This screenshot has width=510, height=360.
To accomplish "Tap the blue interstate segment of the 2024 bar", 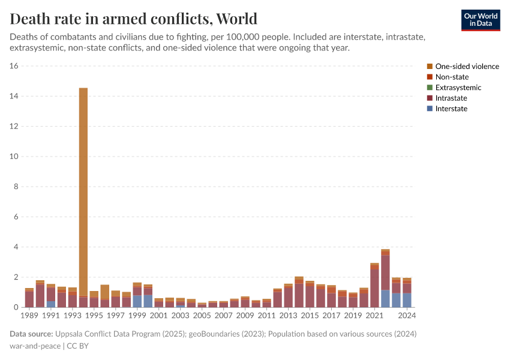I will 407,300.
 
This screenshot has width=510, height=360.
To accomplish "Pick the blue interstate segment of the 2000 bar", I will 148,301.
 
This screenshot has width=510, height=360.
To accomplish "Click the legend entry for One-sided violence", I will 467,67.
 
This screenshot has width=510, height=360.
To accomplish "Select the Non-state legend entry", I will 452,77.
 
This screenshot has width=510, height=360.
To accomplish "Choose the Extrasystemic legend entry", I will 458,88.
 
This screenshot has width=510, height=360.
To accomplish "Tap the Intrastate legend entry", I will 451,98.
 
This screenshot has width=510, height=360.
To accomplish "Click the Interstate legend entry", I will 451,109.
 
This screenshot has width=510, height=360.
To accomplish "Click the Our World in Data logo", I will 480,20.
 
